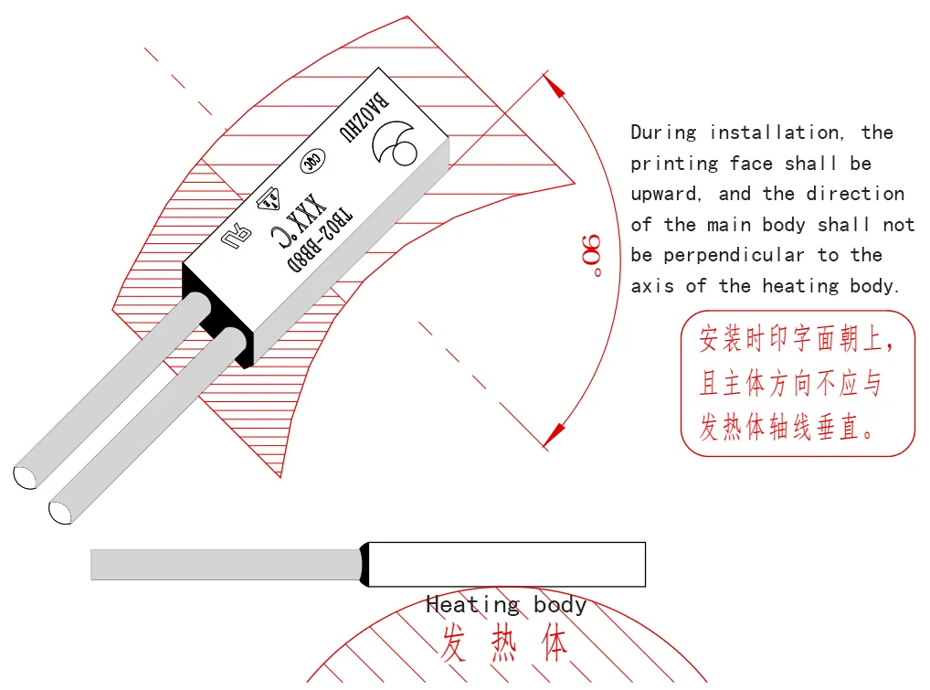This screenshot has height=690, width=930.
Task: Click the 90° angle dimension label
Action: coord(591,255)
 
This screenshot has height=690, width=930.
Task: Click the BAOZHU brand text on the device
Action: coord(365,113)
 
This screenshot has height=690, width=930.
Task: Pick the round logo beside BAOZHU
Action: coord(394,142)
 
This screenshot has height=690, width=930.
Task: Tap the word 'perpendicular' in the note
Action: coord(733,255)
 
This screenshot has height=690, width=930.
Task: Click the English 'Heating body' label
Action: coord(506,604)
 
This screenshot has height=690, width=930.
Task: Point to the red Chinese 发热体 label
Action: coord(504,642)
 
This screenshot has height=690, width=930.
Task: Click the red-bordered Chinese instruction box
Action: coord(797,383)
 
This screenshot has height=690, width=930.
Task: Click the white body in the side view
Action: coord(506,564)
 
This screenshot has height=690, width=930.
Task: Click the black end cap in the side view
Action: coord(365,564)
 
